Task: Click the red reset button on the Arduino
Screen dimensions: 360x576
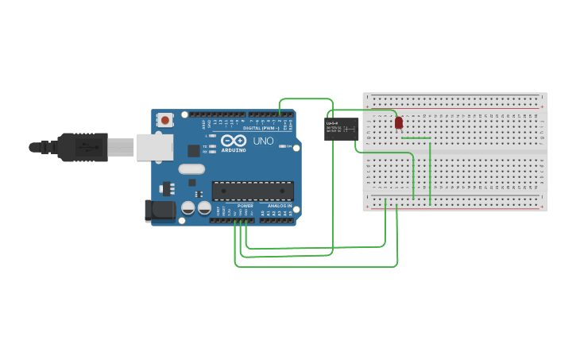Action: pos(165,120)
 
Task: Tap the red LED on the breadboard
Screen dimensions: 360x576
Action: pos(399,123)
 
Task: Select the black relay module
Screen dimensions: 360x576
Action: pos(342,129)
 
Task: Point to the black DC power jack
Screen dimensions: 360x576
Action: pos(159,210)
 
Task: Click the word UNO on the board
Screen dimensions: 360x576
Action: pos(263,141)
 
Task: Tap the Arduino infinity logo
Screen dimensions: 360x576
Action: pos(234,141)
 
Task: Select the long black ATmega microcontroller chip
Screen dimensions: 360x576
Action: pos(252,191)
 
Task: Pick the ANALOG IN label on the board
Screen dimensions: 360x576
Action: pos(279,206)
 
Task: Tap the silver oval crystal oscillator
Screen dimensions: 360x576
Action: pos(191,168)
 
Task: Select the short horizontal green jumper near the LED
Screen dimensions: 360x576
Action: pos(416,137)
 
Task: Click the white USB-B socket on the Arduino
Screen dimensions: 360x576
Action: pos(154,147)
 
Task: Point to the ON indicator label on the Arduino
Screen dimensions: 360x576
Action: pos(289,147)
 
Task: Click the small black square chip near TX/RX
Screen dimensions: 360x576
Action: pos(194,150)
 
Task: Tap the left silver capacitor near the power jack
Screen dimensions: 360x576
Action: pos(188,207)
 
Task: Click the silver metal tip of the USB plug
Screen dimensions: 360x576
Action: pos(121,147)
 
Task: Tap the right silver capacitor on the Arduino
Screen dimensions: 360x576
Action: pos(204,207)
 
